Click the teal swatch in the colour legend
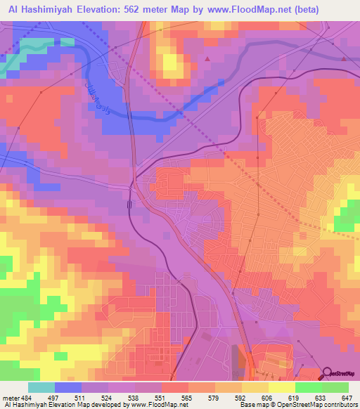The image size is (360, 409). (41, 387)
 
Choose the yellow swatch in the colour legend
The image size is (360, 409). (281, 387)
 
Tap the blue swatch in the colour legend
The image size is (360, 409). (68, 387)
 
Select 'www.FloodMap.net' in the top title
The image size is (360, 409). (234, 10)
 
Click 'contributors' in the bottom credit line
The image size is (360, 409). (340, 405)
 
